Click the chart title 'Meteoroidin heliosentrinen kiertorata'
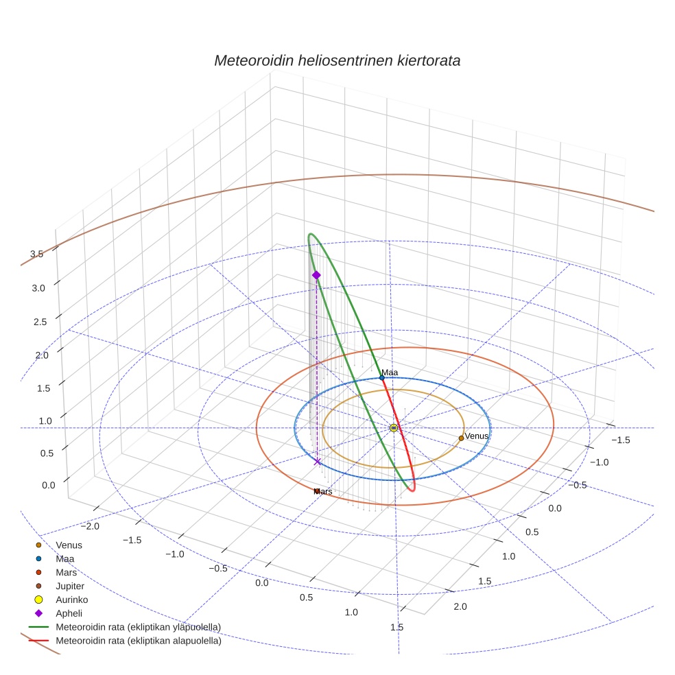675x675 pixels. pos(337,60)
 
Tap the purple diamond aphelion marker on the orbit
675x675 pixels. pos(316,275)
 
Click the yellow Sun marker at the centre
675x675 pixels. pos(394,428)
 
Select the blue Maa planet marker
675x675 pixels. pos(382,378)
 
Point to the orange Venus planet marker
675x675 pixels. pos(461,438)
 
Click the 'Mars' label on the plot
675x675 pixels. pos(323,492)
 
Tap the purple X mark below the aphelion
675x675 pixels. pos(317,462)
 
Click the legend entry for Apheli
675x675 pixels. pos(69,614)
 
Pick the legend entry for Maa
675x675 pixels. pos(65,559)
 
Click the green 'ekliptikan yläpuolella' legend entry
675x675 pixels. pos(138,628)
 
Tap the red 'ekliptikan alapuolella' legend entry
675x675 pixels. pos(138,641)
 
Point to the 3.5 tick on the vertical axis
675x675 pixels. pos(37,254)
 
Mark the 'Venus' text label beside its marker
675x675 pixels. pos(477,436)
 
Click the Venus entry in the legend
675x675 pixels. pos(69,545)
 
